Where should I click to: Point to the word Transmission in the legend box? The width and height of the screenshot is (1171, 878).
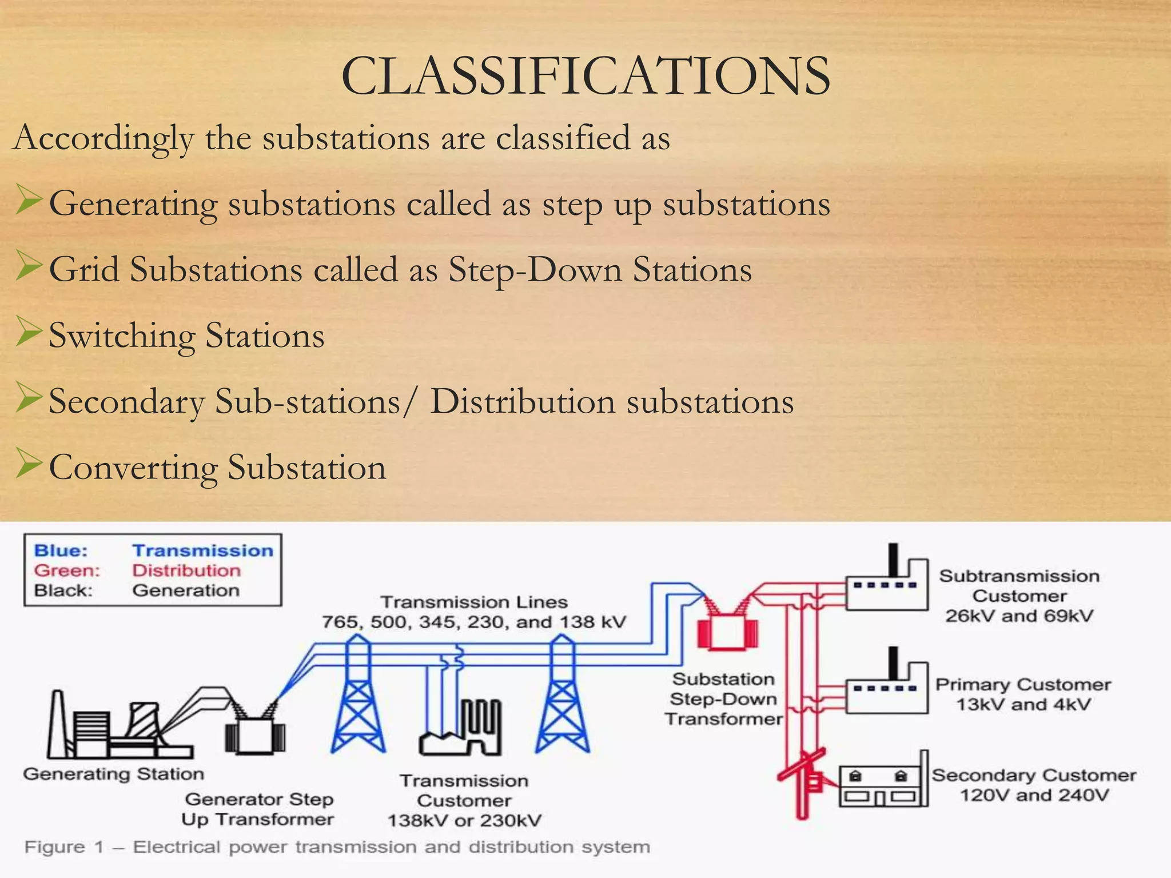202,550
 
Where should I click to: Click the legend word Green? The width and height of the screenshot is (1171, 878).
67,570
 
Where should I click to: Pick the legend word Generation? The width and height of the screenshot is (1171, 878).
186,590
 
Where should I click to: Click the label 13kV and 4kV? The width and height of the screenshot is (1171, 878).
1023,704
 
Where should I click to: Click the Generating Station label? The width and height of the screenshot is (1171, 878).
113,774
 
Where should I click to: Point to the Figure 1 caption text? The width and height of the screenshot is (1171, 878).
337,847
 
